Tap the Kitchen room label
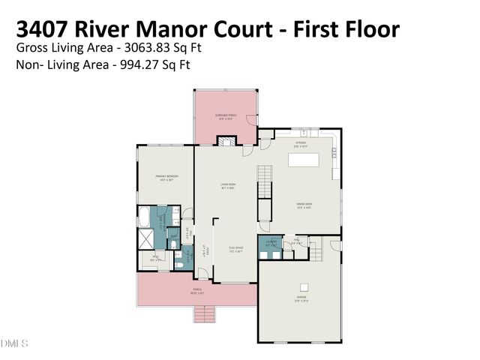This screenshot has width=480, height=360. [x=301, y=142]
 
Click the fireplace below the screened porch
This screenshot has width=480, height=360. [x=226, y=140]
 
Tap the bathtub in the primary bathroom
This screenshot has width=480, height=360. [x=144, y=217]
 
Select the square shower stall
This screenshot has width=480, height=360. [x=144, y=240]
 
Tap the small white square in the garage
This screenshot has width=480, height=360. [x=304, y=286]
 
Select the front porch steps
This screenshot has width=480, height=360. [x=205, y=313]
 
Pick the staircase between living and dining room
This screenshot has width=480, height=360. [x=264, y=182]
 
